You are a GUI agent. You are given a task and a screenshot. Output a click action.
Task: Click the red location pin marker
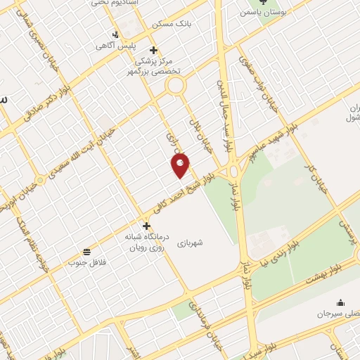tap(181, 165)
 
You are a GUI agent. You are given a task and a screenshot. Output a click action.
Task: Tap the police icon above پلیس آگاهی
tap(116, 34)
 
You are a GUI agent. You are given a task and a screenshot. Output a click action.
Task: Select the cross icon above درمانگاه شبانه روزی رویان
tap(146, 226)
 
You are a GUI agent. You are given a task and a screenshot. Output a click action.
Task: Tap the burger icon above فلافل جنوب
tap(86, 252)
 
